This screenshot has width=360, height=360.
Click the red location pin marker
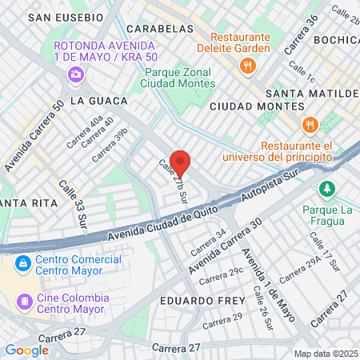180,162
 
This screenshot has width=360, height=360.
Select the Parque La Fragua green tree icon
326,189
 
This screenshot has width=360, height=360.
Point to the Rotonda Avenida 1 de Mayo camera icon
75,74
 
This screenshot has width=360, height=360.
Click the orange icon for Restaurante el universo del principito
310,125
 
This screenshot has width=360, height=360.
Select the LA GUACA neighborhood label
99,101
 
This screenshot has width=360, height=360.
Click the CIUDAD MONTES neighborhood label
247,106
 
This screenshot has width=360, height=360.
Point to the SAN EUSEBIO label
66,17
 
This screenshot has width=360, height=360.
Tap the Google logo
26,350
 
